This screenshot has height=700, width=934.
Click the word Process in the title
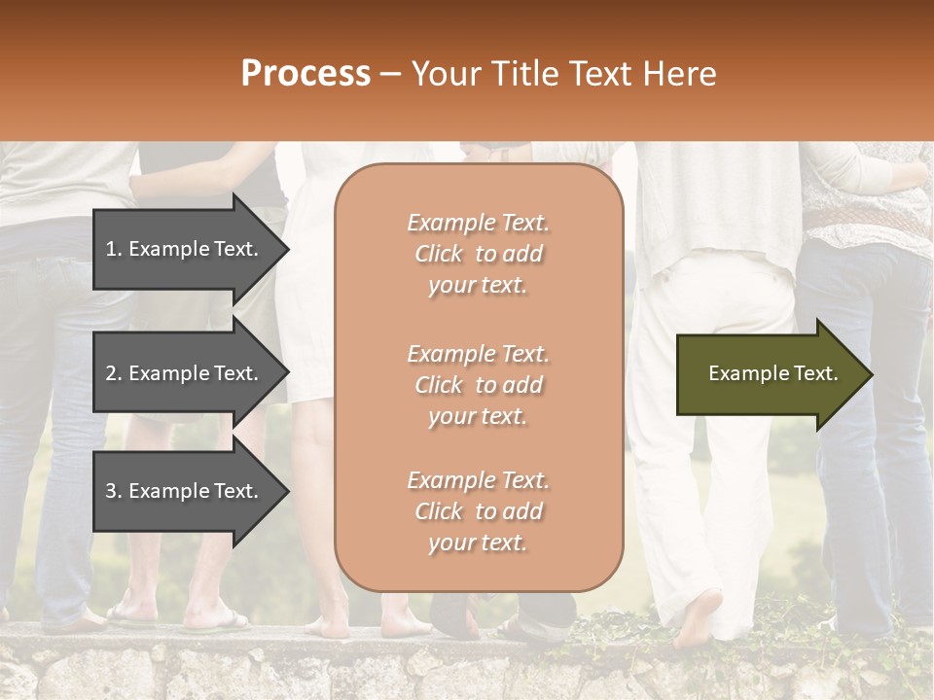tap(305, 74)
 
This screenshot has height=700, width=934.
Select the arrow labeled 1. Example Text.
tap(185, 249)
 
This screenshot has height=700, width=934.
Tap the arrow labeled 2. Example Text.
tap(185, 373)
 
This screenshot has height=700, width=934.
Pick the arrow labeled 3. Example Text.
tap(185, 491)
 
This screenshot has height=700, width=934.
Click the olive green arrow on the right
tap(769, 374)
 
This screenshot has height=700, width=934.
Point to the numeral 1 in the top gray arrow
tap(111, 249)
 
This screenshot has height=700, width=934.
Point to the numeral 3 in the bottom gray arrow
tap(111, 491)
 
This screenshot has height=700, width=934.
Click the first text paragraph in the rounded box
tap(478, 254)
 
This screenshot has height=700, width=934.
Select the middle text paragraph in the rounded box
tap(478, 385)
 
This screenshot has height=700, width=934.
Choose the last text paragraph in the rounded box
tap(478, 511)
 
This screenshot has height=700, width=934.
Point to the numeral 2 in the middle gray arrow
tap(111, 373)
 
